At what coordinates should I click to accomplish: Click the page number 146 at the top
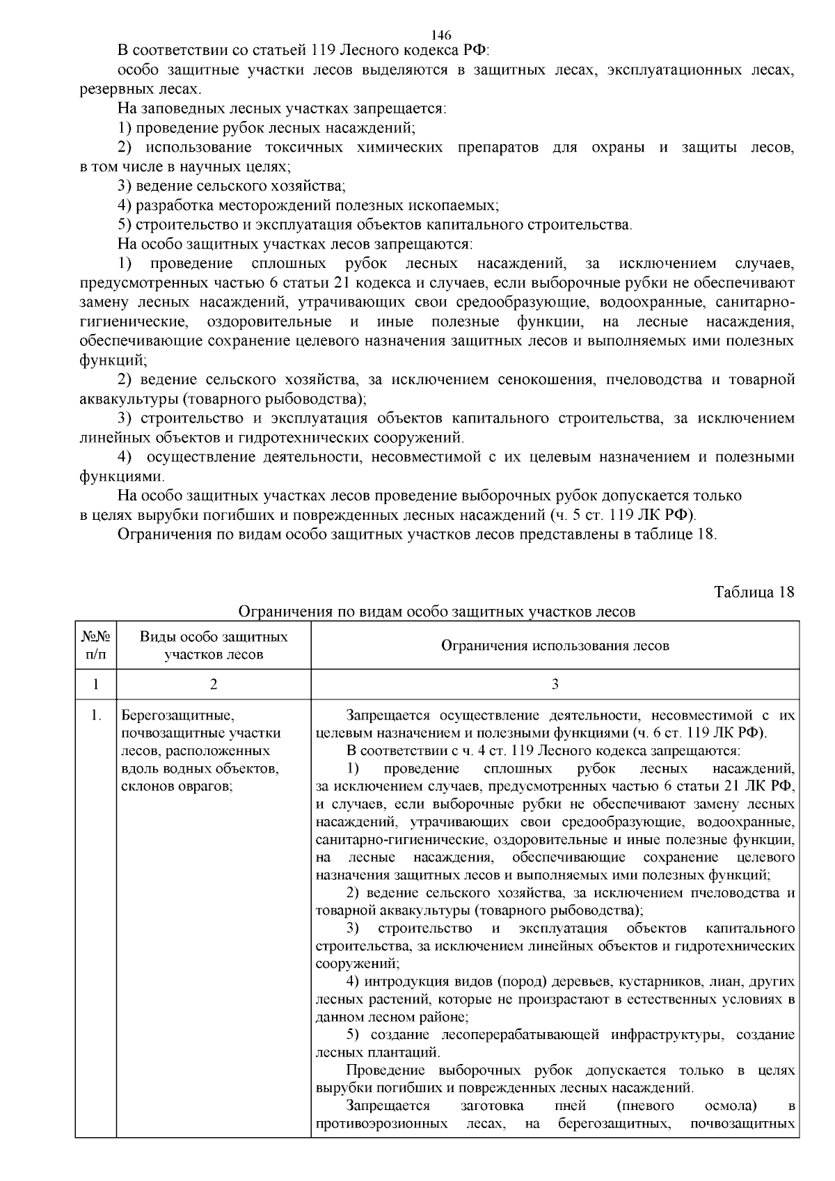(x=442, y=35)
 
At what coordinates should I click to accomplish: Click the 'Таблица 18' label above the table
(x=754, y=592)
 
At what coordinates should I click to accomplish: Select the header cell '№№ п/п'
(x=95, y=645)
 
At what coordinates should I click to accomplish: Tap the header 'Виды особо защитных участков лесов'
(x=214, y=645)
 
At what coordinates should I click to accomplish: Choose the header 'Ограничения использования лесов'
(x=555, y=645)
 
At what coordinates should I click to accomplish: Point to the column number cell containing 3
(x=555, y=684)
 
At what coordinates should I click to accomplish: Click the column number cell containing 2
(x=214, y=684)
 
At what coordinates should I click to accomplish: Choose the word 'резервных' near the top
(x=111, y=89)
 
